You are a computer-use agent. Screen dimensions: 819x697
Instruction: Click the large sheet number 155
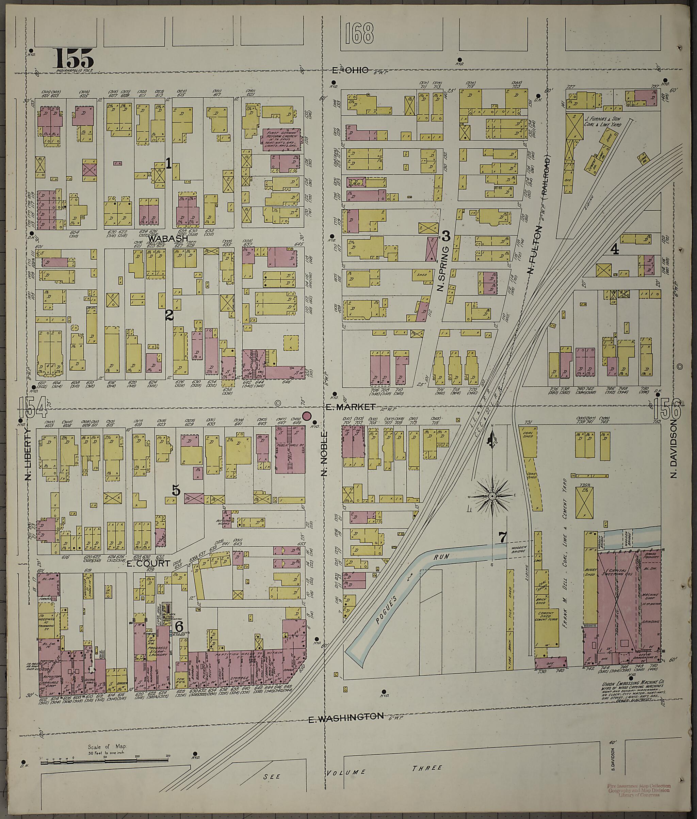click(74, 59)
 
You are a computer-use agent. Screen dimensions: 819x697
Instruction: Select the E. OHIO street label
click(350, 70)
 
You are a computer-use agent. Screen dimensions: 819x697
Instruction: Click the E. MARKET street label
click(350, 407)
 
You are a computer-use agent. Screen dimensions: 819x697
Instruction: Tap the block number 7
click(502, 537)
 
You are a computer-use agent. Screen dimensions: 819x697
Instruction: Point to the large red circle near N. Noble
click(307, 415)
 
